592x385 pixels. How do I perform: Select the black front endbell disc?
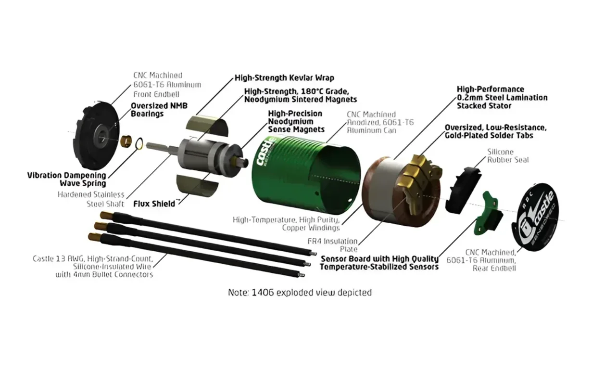[x=96, y=135]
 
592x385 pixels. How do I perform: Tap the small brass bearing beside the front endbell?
[x=126, y=141]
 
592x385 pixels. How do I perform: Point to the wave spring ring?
[x=139, y=143]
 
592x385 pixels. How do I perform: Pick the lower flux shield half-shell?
[x=198, y=185]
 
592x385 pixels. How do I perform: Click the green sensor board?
[x=489, y=215]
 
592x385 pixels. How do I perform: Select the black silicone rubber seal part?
[x=463, y=190]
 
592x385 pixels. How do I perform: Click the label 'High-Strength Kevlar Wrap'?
[x=284, y=78]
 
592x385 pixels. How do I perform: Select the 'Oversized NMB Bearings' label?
[x=159, y=109]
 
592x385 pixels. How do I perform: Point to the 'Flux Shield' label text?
[x=154, y=204]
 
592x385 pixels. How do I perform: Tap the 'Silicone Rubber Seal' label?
[x=507, y=156]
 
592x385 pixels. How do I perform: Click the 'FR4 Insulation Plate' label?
[x=332, y=245]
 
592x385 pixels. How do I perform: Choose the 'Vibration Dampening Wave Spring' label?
[x=66, y=180]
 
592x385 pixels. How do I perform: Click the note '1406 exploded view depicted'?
[x=300, y=293]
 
